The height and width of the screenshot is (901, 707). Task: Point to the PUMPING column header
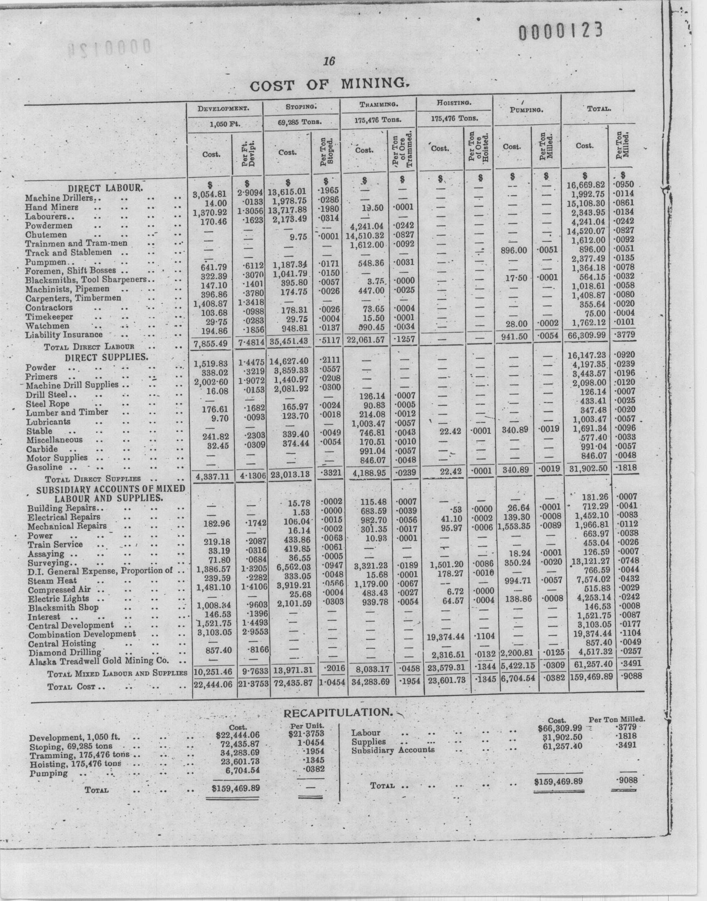[527, 111]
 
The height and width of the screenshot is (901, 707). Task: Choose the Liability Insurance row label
[64, 334]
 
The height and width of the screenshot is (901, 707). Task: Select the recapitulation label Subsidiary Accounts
[392, 749]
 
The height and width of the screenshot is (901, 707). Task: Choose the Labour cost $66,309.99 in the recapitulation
[560, 728]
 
